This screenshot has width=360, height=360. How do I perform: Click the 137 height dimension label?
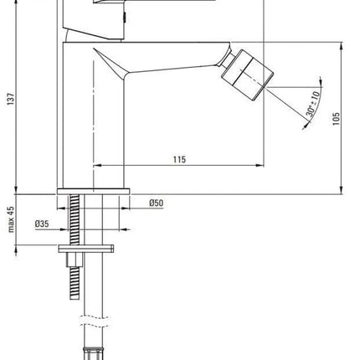coord(11,99)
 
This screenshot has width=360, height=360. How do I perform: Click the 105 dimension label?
coord(337,119)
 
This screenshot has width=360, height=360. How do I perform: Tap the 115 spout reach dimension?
coord(179,159)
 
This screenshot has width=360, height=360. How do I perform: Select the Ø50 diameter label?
coord(157,203)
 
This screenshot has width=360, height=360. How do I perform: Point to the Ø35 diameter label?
coord(42,224)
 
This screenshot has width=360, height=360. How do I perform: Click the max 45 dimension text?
coord(11,219)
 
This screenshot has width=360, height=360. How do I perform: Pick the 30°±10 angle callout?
coord(312,104)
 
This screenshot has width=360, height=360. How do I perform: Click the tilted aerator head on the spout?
coord(248,75)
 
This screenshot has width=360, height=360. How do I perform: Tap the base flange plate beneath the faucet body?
coord(93,192)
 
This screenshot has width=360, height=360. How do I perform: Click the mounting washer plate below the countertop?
coord(86,249)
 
